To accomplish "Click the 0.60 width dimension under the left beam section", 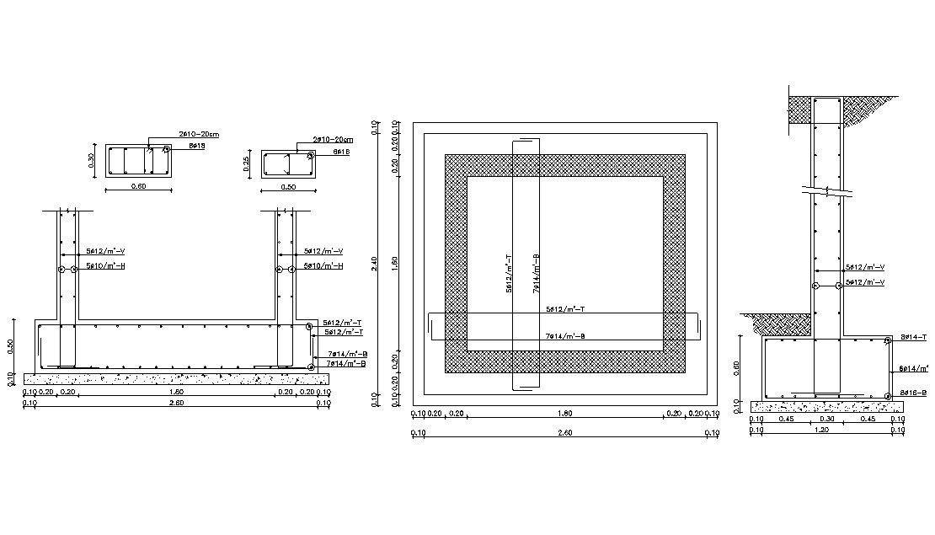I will pyautogui.click(x=138, y=187).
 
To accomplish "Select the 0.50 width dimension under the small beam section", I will pyautogui.click(x=288, y=187).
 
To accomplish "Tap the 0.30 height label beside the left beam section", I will pyautogui.click(x=93, y=160).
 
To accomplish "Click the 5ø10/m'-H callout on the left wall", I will pyautogui.click(x=105, y=266).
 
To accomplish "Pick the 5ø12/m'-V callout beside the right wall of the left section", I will pyautogui.click(x=323, y=251).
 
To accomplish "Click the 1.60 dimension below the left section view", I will pyautogui.click(x=176, y=392).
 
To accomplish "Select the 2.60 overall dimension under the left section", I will pyautogui.click(x=176, y=404).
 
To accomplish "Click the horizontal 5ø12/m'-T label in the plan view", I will pyautogui.click(x=566, y=310).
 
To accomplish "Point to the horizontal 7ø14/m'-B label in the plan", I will pyautogui.click(x=566, y=337).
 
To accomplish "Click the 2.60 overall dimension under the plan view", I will pyautogui.click(x=565, y=433).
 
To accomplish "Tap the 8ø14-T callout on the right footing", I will pyautogui.click(x=913, y=337).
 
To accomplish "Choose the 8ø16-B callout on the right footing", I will pyautogui.click(x=913, y=393).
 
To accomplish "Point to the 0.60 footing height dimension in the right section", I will pyautogui.click(x=739, y=367).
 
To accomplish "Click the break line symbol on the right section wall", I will pyautogui.click(x=829, y=191).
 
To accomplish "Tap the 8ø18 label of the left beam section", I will pyautogui.click(x=197, y=146).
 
